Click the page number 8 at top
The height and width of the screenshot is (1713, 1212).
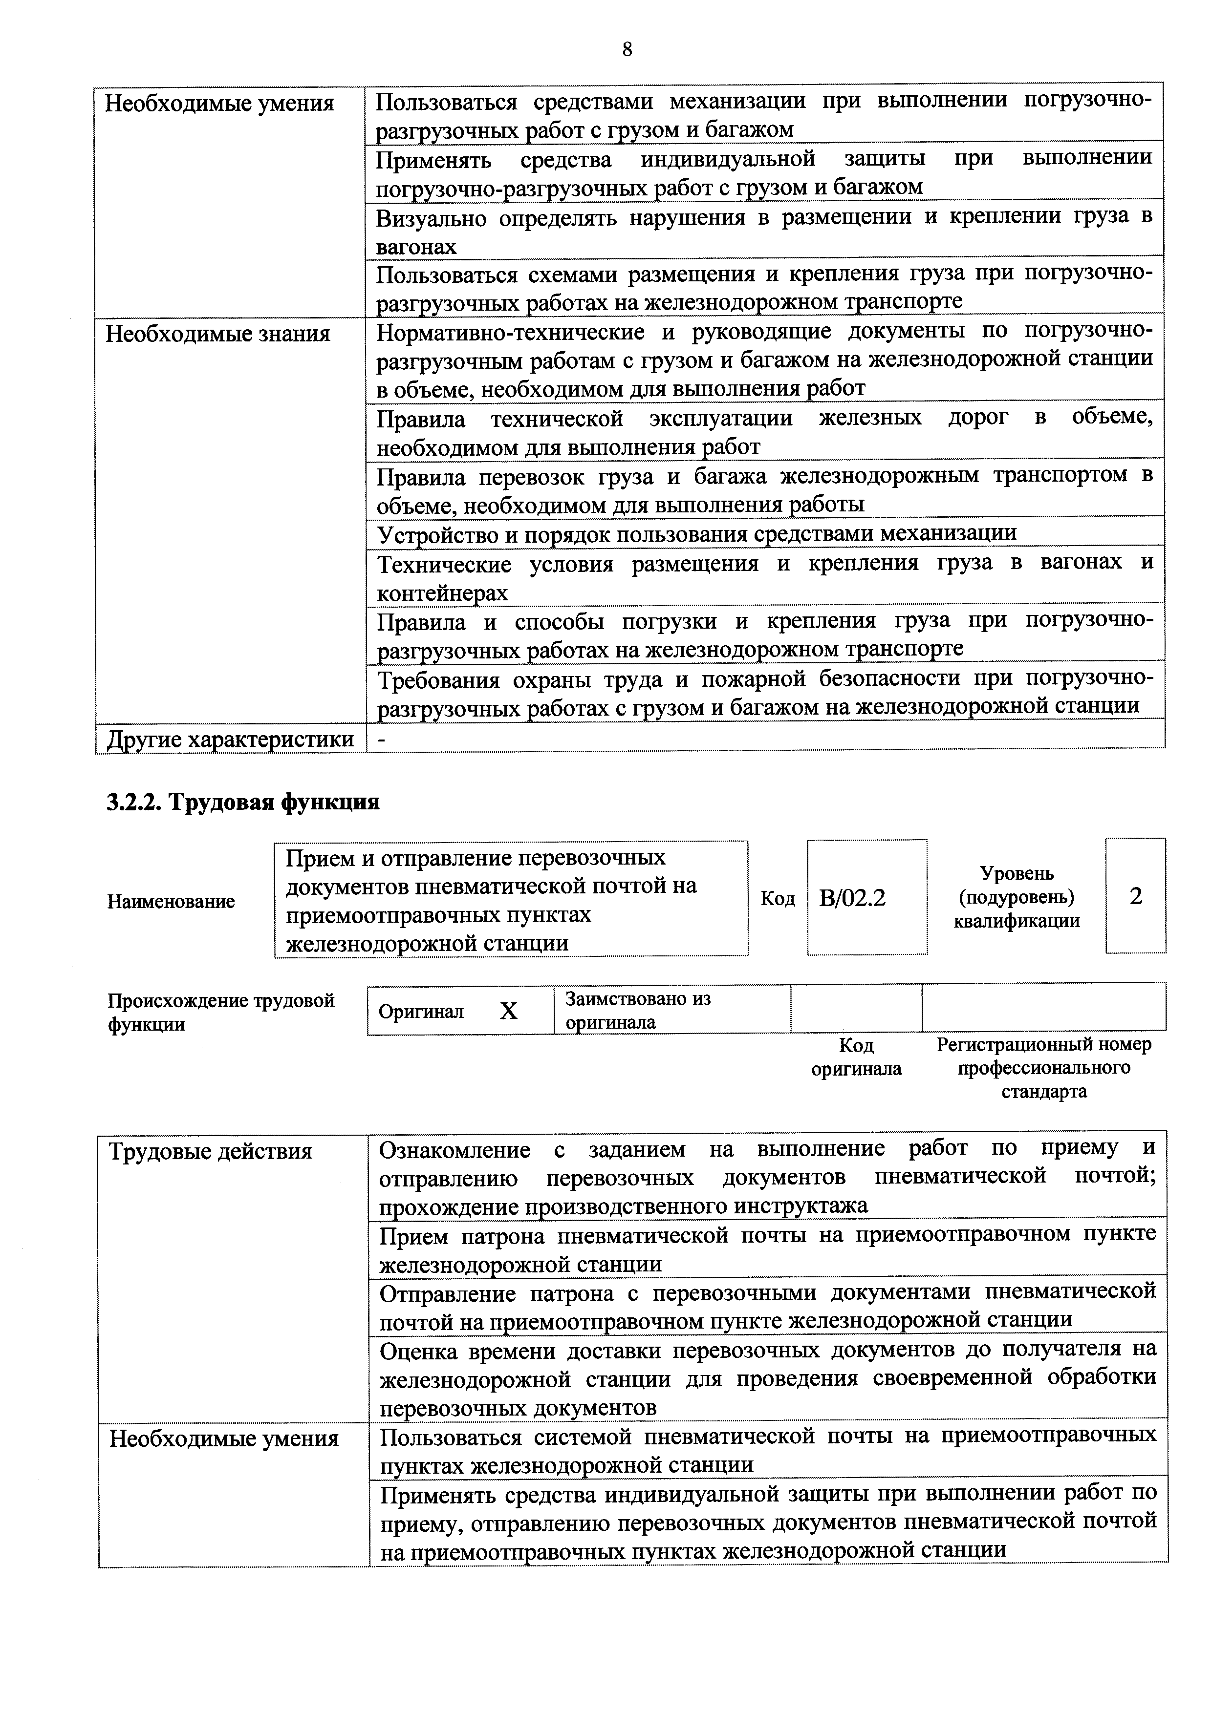click(627, 49)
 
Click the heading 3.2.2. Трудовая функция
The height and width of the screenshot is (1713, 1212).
click(242, 802)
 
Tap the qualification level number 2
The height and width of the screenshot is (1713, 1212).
click(1135, 896)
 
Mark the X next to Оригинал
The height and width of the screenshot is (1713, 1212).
click(508, 1011)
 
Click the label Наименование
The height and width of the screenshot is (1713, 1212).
click(171, 901)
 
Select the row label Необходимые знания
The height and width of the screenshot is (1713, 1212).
click(218, 334)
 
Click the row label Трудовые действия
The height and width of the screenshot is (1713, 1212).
click(211, 1151)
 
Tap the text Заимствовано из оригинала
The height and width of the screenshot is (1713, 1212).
click(638, 1010)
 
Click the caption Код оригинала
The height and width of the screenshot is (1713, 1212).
click(856, 1057)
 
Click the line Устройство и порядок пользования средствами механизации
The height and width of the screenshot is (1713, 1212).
click(696, 533)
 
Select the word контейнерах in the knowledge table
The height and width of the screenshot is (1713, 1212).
click(443, 593)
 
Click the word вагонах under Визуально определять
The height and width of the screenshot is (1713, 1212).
click(416, 246)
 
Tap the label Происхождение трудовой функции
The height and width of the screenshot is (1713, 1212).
click(221, 1012)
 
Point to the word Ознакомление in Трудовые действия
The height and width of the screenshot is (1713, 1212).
click(454, 1150)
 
